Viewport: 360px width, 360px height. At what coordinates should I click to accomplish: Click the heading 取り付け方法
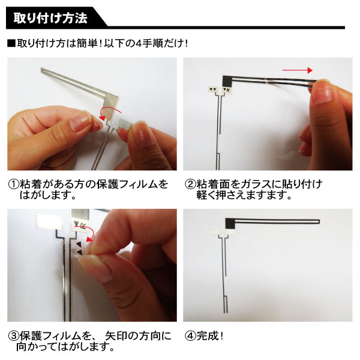[x=50, y=18]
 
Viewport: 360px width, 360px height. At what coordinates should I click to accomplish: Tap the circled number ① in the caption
[x=14, y=184]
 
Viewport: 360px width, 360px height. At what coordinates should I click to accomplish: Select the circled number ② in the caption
[x=190, y=184]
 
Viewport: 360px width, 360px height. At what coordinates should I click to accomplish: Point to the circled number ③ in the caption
[x=14, y=336]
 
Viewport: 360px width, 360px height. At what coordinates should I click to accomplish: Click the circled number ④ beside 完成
[x=190, y=336]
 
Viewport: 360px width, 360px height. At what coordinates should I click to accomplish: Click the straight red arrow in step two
[x=298, y=70]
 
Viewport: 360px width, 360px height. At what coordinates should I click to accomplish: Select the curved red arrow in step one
[x=110, y=113]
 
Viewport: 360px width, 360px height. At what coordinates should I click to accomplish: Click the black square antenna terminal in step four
[x=230, y=224]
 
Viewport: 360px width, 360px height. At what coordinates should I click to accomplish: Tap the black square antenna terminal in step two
[x=227, y=81]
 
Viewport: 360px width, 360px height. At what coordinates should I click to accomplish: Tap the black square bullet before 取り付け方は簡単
[x=11, y=44]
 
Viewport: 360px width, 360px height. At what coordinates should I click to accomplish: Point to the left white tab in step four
[x=217, y=232]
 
